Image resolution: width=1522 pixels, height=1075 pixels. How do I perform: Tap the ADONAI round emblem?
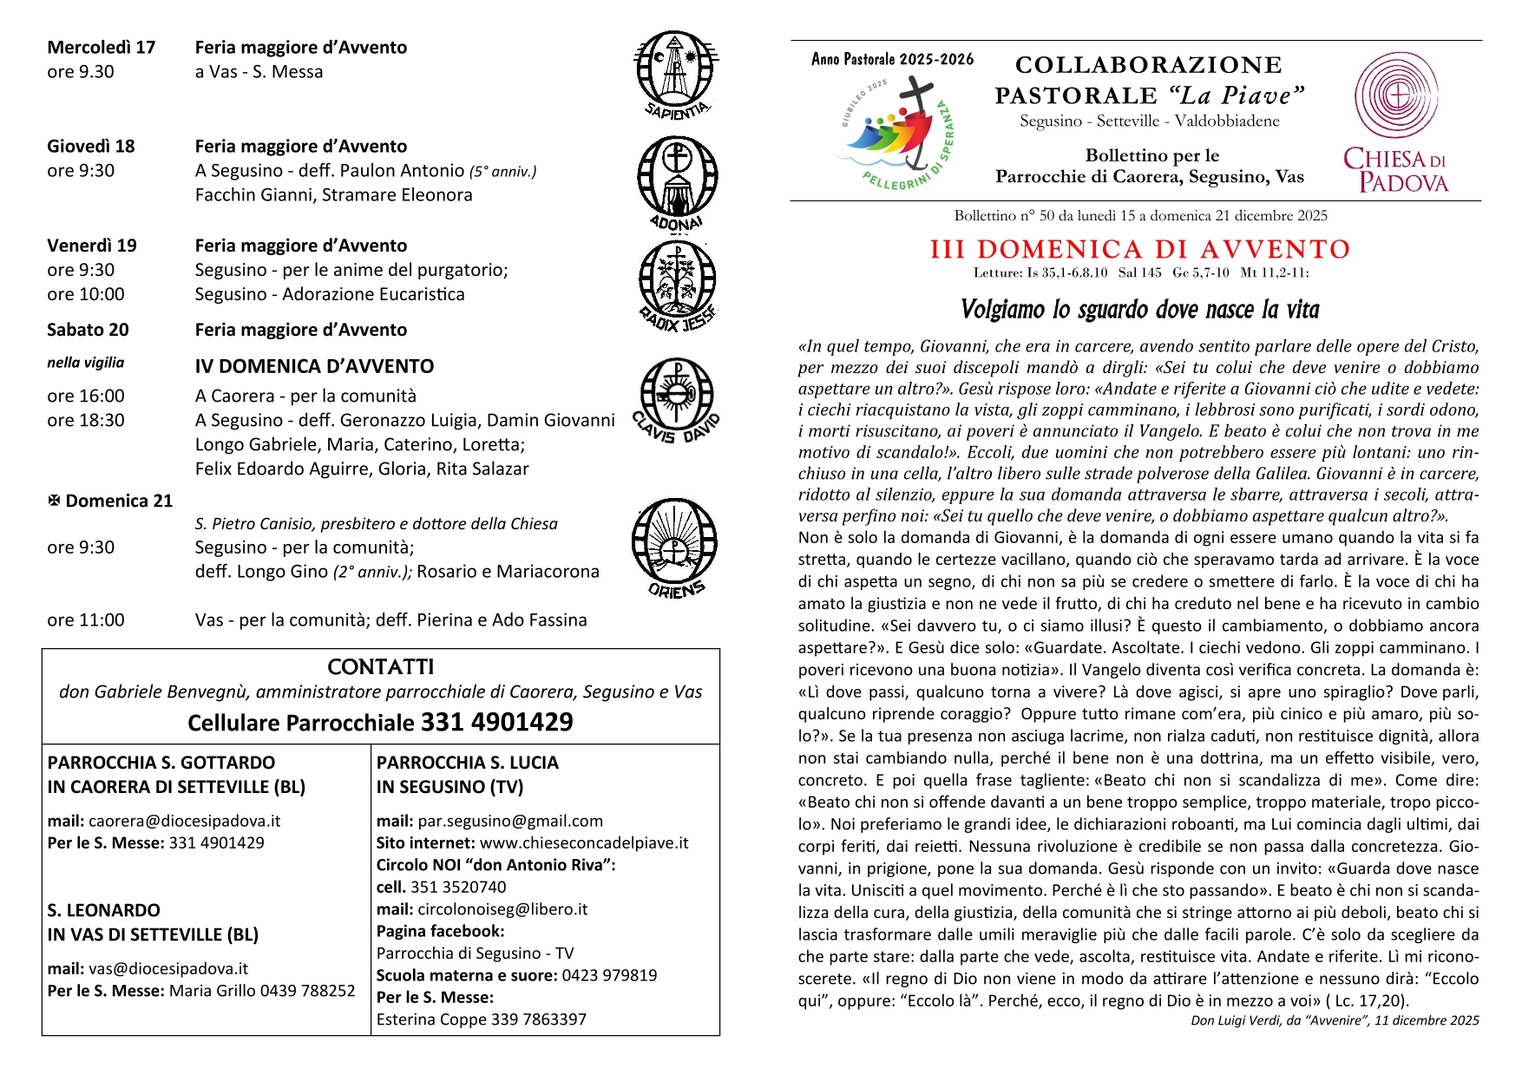pyautogui.click(x=677, y=177)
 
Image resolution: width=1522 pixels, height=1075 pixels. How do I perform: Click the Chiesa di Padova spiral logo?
pyautogui.click(x=1395, y=95)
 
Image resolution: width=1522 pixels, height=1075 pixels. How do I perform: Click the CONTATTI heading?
pyautogui.click(x=380, y=667)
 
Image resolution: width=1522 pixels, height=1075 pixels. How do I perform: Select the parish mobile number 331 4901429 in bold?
pyautogui.click(x=497, y=723)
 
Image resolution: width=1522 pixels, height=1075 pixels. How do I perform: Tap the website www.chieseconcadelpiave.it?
pyautogui.click(x=584, y=842)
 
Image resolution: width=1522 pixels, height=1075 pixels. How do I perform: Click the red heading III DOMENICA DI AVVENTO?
pyautogui.click(x=1140, y=250)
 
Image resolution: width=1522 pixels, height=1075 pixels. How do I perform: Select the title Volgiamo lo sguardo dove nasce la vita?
pyautogui.click(x=1139, y=310)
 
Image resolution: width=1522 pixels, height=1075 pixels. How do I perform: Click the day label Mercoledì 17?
pyautogui.click(x=102, y=48)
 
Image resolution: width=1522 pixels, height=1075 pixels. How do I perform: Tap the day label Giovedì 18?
pyautogui.click(x=91, y=147)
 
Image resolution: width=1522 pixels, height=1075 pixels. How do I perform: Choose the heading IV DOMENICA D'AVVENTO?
pyautogui.click(x=314, y=366)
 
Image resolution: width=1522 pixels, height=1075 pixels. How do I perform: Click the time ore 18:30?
pyautogui.click(x=86, y=421)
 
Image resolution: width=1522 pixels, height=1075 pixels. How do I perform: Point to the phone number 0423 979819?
pyautogui.click(x=609, y=975)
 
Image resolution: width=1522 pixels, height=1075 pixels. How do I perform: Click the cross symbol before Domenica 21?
pyautogui.click(x=54, y=501)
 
